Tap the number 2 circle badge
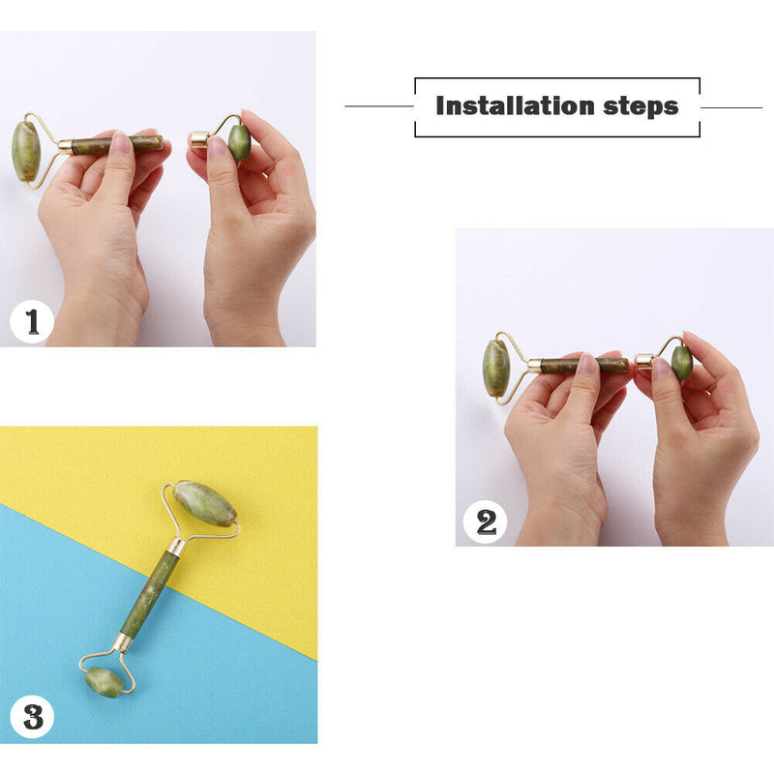click(486, 522)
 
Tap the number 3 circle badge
click(33, 718)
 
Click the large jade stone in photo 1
click(25, 151)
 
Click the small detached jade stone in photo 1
click(239, 142)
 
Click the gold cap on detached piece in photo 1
click(199, 139)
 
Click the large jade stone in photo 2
click(496, 368)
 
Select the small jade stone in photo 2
click(682, 363)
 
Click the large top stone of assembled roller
click(205, 504)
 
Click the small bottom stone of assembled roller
click(104, 681)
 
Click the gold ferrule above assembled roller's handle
click(177, 547)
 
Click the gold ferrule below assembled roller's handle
click(123, 642)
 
